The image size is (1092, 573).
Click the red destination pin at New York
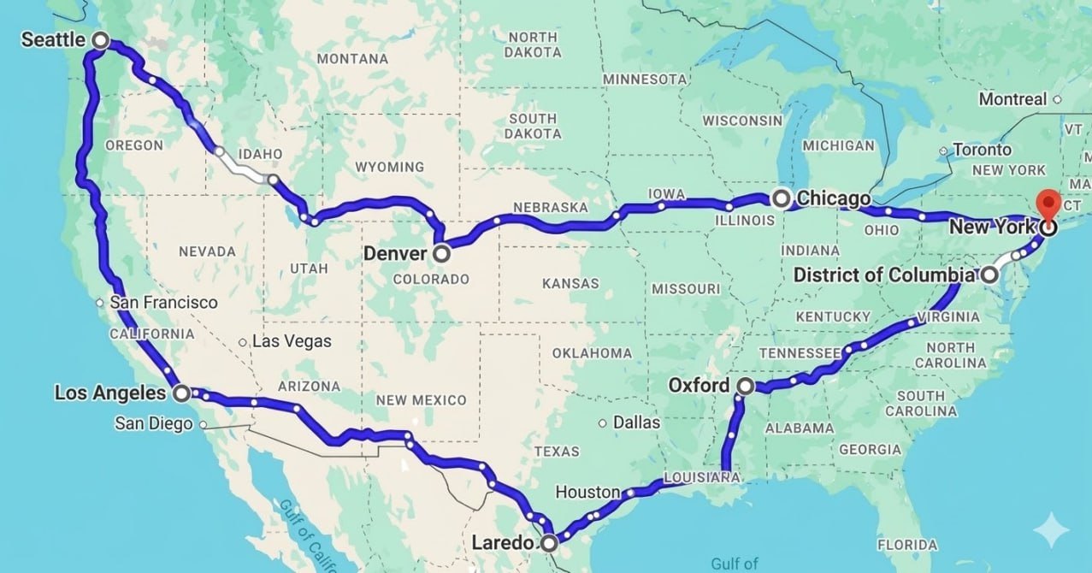pos(1048,206)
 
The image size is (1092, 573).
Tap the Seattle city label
pos(53,39)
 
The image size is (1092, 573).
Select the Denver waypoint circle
pos(441,253)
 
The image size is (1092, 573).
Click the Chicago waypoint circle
pos(781,199)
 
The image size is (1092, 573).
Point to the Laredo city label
pos(504,542)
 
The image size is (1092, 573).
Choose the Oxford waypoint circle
pos(745,386)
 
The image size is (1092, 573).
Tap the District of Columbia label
pos(884,275)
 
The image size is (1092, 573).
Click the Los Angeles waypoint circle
pos(182,393)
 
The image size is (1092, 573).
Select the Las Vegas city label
pos(292,341)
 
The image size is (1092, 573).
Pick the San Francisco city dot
pos(100,302)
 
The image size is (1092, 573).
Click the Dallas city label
pos(636,422)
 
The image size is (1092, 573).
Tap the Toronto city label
pos(982,150)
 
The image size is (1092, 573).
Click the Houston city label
pos(587,492)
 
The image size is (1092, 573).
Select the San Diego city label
pos(153,423)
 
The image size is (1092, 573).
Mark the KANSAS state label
pos(571,283)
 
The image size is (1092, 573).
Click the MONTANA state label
pos(351,59)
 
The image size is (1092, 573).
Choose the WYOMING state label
pos(389,167)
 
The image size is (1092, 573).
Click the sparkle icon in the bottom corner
pos(1051,532)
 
